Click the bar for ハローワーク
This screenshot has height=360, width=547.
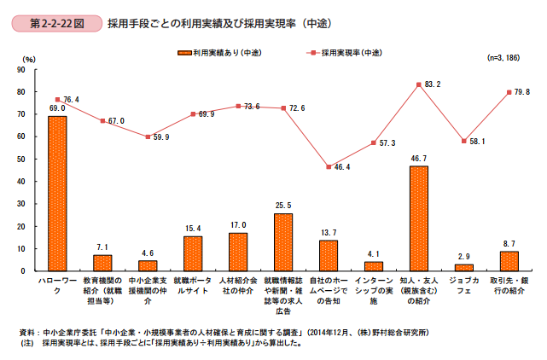57,193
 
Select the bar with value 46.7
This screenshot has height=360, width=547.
418,218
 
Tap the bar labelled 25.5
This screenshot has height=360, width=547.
282,241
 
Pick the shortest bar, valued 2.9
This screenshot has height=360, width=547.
463,267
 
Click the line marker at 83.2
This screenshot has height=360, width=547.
418,84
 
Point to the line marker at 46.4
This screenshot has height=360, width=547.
328,167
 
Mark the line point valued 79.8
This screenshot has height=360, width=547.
509,92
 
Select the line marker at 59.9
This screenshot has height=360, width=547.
148,136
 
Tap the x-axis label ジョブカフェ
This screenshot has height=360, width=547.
463,285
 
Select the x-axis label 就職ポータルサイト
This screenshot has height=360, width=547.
193,285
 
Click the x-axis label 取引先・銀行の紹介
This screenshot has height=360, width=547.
509,285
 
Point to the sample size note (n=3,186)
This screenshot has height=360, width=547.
503,58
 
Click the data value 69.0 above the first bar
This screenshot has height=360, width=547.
57,109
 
